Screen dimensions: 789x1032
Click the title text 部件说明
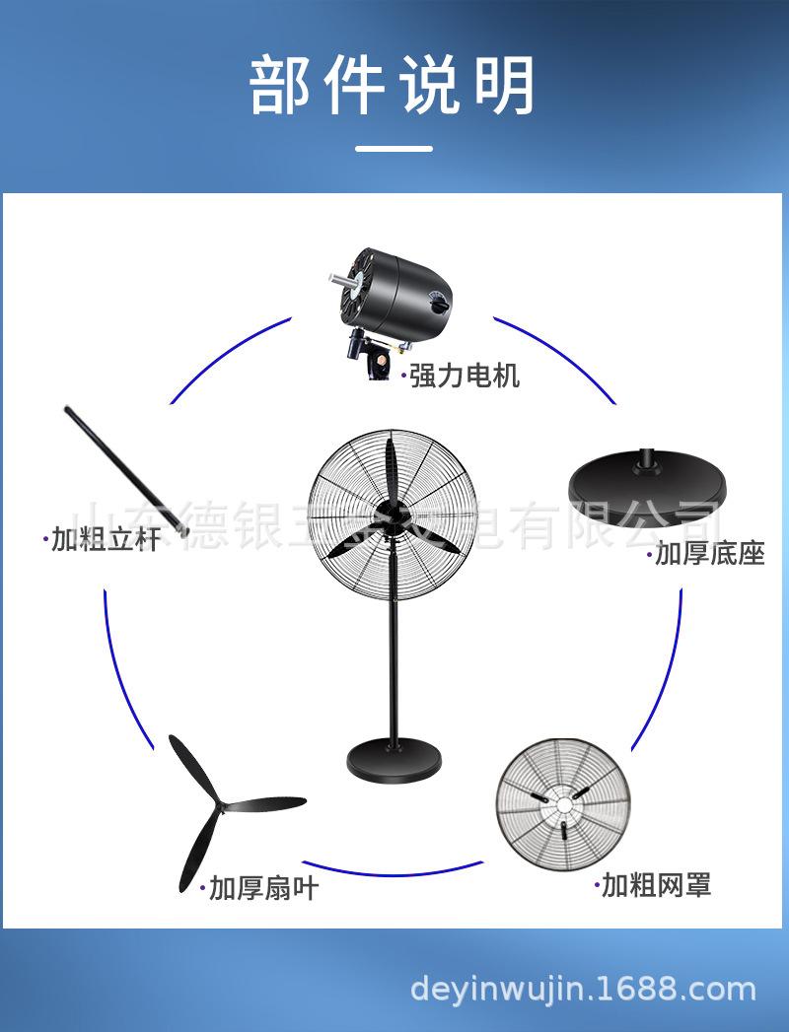(393, 86)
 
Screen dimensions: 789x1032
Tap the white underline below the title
(394, 149)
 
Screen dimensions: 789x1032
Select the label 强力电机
(464, 376)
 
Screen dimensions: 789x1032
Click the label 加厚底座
(709, 554)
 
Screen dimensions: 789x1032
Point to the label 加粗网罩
(656, 885)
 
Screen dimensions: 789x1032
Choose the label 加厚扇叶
(263, 888)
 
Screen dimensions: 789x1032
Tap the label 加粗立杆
(105, 539)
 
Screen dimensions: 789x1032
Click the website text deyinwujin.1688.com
(582, 989)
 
